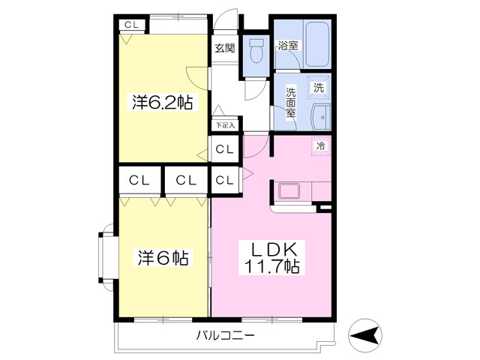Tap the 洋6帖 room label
click(161, 259)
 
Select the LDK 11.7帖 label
click(271, 257)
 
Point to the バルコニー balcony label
click(226, 335)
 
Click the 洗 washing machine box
click(319, 87)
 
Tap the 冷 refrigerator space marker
click(319, 145)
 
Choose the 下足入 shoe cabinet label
click(225, 126)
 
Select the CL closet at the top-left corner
click(132, 25)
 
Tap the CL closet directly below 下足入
click(225, 149)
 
